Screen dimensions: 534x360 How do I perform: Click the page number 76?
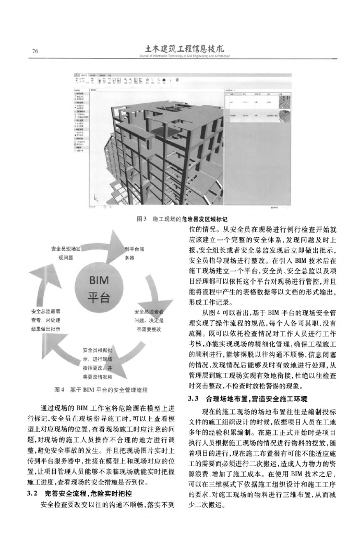click(35, 51)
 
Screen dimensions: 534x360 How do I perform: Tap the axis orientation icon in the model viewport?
click(96, 199)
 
